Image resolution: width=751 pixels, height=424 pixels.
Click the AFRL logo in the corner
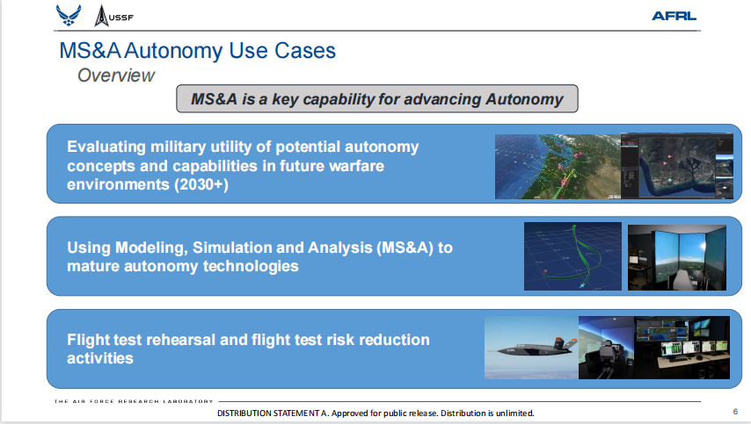pos(674,16)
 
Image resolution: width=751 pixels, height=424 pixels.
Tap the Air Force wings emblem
pos(69,15)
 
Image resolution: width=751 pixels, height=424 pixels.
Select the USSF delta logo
pos(113,16)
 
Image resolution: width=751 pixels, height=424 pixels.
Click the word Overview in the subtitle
pos(116,75)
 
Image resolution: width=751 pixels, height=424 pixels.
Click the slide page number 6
pos(735,411)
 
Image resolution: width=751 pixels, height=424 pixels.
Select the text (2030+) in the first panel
pos(201,184)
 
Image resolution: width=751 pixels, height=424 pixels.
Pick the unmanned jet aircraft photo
pos(531,348)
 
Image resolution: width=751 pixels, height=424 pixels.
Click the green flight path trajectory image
pos(572,256)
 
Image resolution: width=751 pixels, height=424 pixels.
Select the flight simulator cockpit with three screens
pos(677,257)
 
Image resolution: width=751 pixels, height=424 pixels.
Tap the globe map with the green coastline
pos(558,167)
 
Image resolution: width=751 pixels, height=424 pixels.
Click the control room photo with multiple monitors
pos(682,348)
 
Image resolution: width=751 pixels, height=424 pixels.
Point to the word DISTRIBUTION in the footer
pos(244,413)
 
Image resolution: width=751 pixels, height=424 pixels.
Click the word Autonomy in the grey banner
pos(524,99)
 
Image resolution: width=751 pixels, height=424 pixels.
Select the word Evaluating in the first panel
pos(106,147)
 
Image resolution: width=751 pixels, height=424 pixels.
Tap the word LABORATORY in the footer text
pos(188,401)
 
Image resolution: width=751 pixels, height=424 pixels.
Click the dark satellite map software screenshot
pos(677,166)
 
